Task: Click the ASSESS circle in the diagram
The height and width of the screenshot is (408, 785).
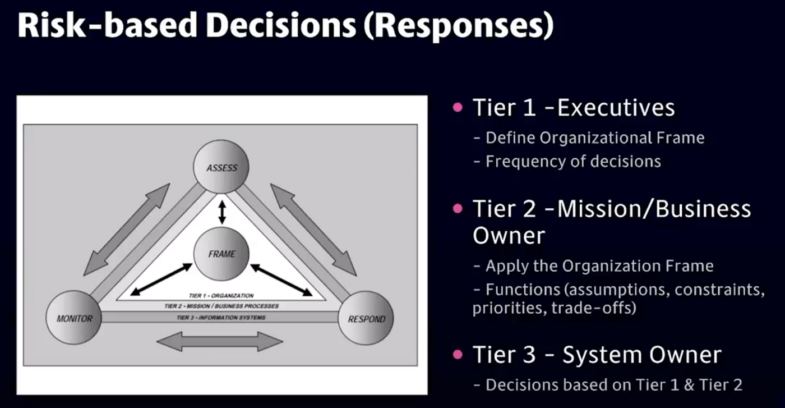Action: [221, 167]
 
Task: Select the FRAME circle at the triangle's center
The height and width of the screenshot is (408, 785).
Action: [221, 254]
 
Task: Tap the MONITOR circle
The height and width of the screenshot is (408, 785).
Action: [74, 318]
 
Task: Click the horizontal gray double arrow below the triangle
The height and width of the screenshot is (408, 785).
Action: [220, 341]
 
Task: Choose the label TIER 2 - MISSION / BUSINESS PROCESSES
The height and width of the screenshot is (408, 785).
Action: [221, 306]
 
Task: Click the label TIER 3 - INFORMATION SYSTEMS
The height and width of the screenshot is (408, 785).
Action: [221, 318]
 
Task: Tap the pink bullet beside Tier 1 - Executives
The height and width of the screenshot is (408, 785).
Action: [459, 107]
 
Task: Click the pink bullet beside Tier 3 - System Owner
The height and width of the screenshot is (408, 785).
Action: [459, 354]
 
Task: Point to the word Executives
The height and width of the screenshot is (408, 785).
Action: [616, 108]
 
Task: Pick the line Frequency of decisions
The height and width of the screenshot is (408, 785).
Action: [572, 162]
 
